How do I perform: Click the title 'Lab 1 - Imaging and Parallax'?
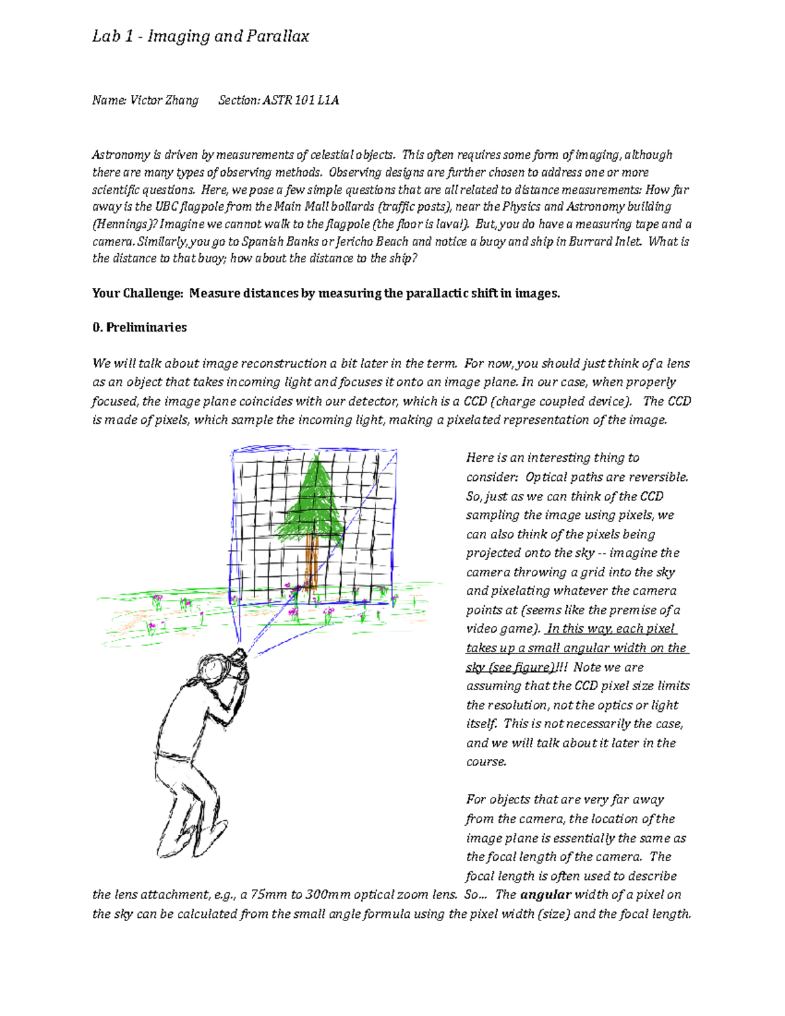coord(200,37)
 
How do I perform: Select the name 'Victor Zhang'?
coord(164,100)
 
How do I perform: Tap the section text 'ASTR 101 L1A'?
coord(300,100)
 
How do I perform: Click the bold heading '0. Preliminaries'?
coord(139,327)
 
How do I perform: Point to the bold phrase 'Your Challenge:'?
coord(137,293)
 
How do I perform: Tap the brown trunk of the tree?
coord(312,563)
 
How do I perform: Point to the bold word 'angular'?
coord(546,894)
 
